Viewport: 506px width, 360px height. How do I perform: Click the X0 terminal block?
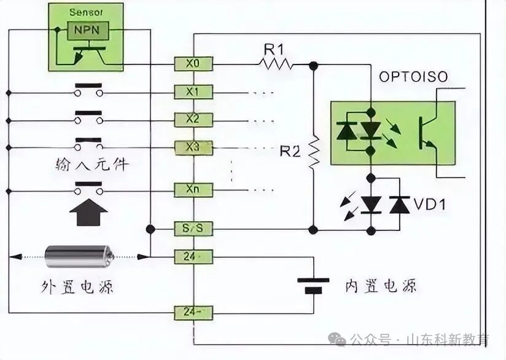pos(193,63)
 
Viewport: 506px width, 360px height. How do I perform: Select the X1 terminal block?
pos(193,92)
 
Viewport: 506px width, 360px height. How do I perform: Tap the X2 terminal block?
pos(193,119)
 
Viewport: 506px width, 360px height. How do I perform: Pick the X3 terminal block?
pos(193,148)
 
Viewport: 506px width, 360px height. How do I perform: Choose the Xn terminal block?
pos(193,190)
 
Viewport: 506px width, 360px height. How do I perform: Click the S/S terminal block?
pos(193,229)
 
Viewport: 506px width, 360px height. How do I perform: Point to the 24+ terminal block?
pos(193,256)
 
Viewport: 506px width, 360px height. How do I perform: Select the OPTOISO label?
pos(413,77)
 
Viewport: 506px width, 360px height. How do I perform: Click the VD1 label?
pos(430,205)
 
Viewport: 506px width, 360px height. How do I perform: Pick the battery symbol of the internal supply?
pos(313,285)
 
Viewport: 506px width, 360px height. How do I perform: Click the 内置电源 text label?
pos(381,286)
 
